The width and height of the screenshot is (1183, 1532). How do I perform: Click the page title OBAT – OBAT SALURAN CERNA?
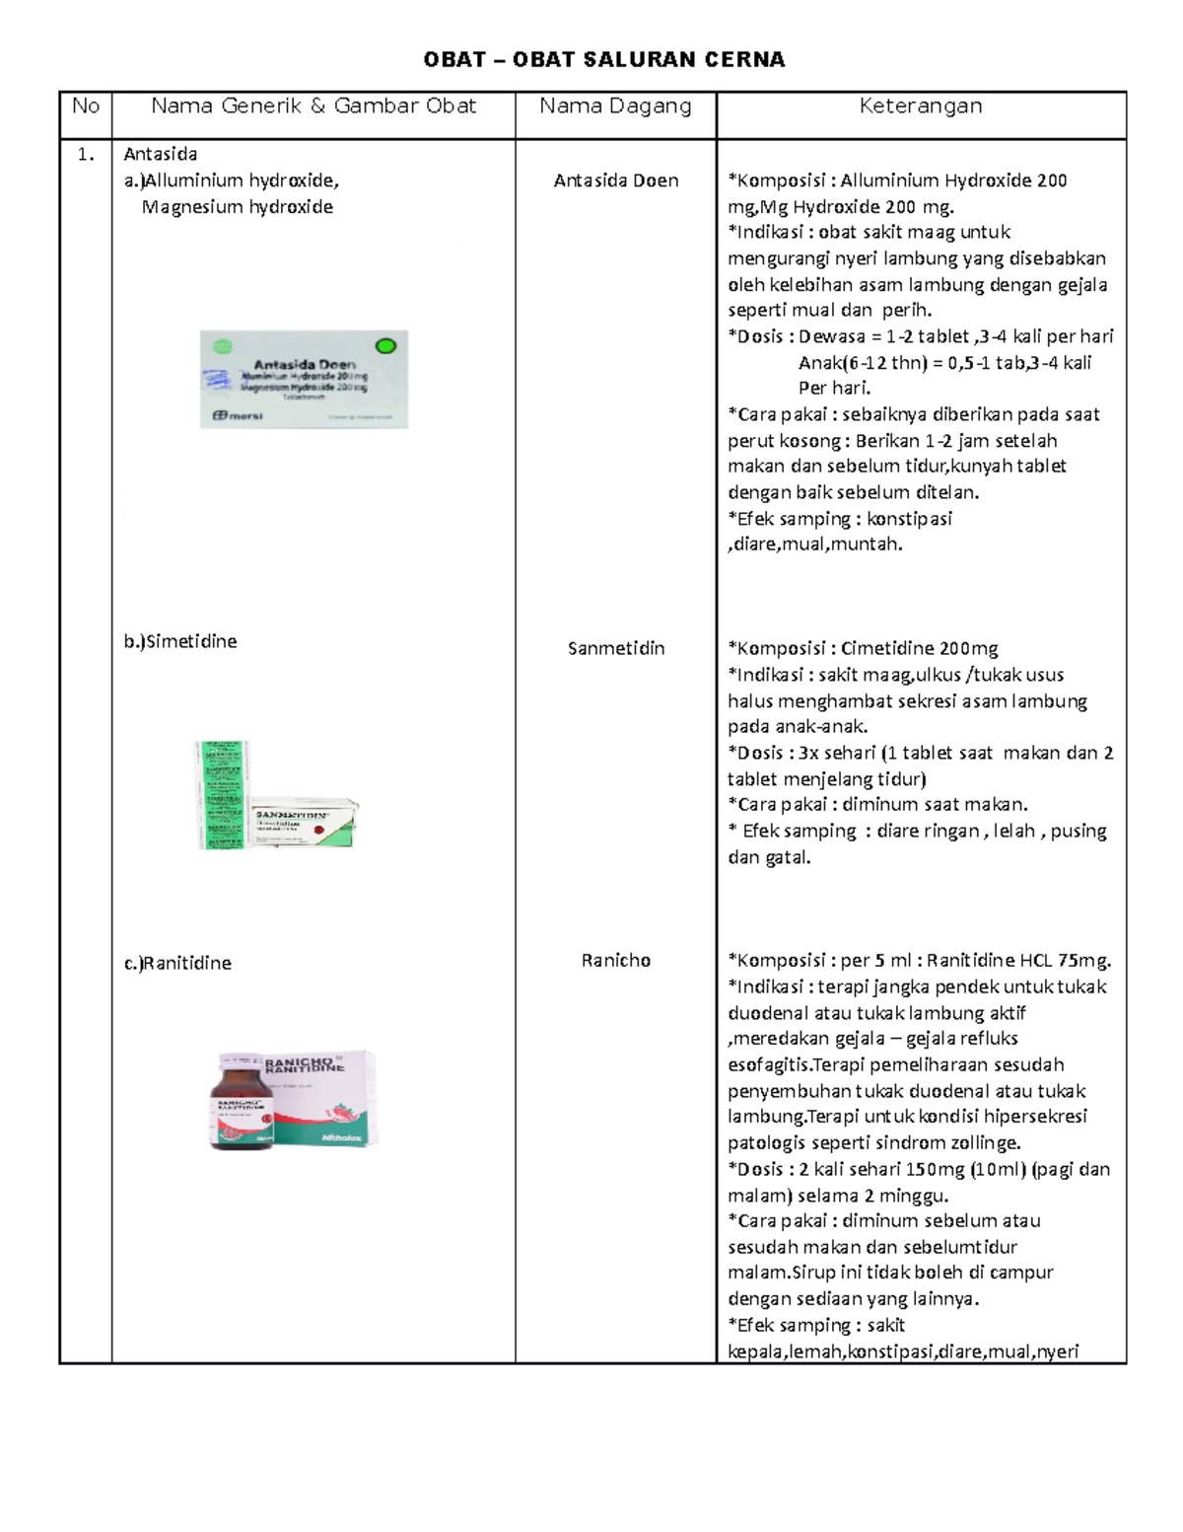pyautogui.click(x=603, y=60)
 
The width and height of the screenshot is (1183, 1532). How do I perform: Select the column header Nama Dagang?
pyautogui.click(x=615, y=107)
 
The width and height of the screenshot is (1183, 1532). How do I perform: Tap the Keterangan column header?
pyautogui.click(x=920, y=107)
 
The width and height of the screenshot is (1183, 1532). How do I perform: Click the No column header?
pyautogui.click(x=86, y=107)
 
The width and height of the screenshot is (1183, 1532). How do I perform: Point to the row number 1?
pyautogui.click(x=86, y=154)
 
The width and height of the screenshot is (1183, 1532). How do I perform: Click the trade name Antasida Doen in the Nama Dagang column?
pyautogui.click(x=615, y=181)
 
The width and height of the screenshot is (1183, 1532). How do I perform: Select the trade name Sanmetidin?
pyautogui.click(x=615, y=648)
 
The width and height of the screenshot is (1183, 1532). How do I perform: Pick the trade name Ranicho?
pyautogui.click(x=615, y=960)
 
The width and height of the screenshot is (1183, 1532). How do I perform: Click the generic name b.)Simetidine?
pyautogui.click(x=179, y=641)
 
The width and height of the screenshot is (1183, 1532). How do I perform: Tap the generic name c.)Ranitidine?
pyautogui.click(x=177, y=963)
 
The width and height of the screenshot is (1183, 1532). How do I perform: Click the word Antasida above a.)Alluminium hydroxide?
pyautogui.click(x=160, y=154)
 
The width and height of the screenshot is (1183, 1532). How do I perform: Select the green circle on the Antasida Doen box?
pyautogui.click(x=385, y=345)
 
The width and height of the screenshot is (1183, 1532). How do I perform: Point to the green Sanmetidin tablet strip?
pyautogui.click(x=221, y=794)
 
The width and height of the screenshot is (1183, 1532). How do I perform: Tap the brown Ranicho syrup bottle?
pyautogui.click(x=240, y=1102)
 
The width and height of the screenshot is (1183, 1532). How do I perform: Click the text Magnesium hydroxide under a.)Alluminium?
pyautogui.click(x=237, y=207)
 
